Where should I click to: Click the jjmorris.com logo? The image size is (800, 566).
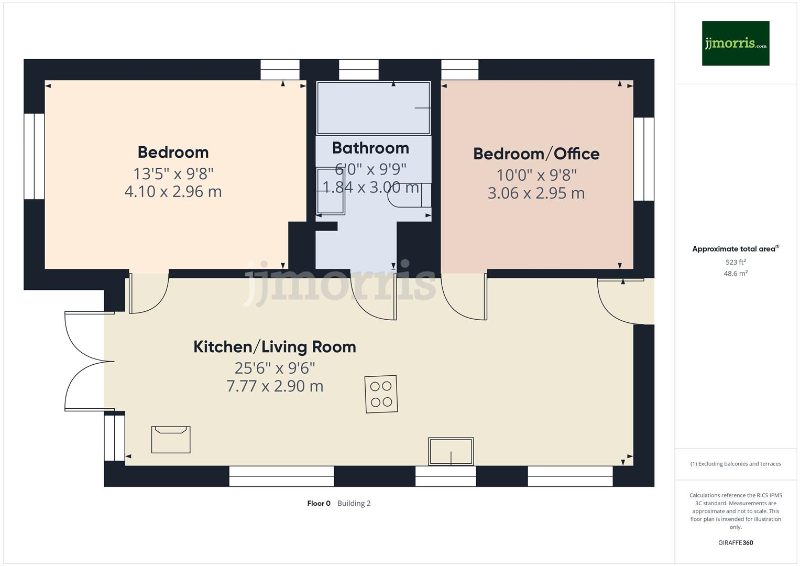pyautogui.click(x=735, y=43)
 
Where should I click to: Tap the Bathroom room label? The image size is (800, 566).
pyautogui.click(x=370, y=148)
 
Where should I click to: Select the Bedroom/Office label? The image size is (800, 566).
pyautogui.click(x=536, y=154)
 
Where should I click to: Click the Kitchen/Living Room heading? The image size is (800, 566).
pyautogui.click(x=275, y=347)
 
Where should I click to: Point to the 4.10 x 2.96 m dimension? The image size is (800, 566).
pyautogui.click(x=173, y=192)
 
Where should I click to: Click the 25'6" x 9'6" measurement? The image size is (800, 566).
pyautogui.click(x=275, y=368)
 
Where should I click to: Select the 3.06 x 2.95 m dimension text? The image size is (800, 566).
pyautogui.click(x=536, y=193)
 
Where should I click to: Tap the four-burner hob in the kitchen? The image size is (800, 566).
pyautogui.click(x=381, y=394)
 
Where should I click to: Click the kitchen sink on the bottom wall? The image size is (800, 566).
pyautogui.click(x=451, y=451)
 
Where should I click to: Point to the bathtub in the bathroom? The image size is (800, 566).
pyautogui.click(x=373, y=108)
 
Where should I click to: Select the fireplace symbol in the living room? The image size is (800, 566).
pyautogui.click(x=171, y=439)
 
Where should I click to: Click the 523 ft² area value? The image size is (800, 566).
pyautogui.click(x=735, y=262)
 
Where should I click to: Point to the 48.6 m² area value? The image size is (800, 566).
pyautogui.click(x=735, y=274)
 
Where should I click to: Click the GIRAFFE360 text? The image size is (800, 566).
pyautogui.click(x=735, y=543)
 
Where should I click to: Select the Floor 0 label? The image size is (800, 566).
pyautogui.click(x=319, y=504)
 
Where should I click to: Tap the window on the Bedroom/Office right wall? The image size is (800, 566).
pyautogui.click(x=644, y=159)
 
